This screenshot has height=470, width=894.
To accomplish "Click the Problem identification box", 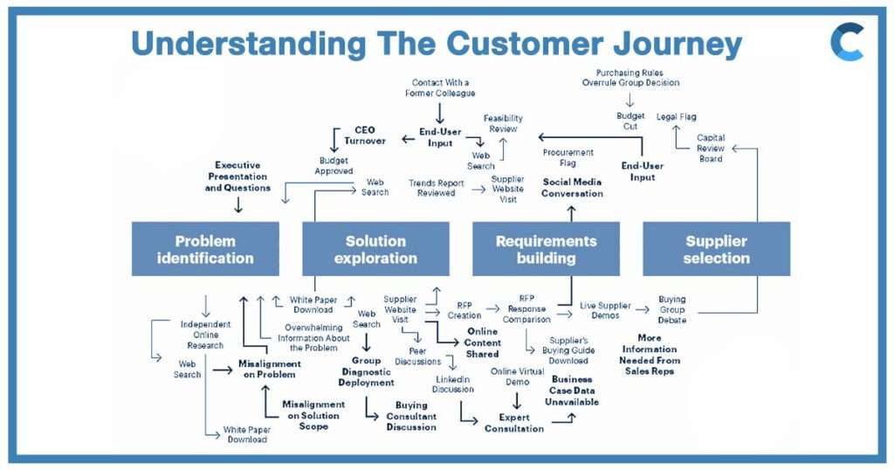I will [x=205, y=249].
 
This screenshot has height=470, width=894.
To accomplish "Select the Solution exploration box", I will [x=375, y=249].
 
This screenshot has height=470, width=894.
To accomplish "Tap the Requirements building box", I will [x=546, y=249].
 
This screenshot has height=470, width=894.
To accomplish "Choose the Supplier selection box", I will [x=717, y=249].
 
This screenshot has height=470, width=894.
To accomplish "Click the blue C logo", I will [x=846, y=42].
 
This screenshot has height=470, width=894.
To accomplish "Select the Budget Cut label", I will [x=630, y=121].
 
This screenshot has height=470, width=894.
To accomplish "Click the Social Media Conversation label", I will [x=572, y=188].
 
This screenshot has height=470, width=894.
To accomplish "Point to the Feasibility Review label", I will [x=503, y=123].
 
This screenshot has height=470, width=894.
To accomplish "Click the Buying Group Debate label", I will [x=672, y=310].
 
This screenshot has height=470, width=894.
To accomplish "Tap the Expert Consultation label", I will [x=514, y=423].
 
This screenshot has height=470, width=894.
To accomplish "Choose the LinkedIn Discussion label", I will [x=454, y=384].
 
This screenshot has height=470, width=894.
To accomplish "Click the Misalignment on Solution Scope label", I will [x=313, y=415].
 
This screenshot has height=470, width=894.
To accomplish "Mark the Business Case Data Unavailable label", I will [x=572, y=391].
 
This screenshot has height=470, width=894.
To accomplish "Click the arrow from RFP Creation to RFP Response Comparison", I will [x=492, y=308].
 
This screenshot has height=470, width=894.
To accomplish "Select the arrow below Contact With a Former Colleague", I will [x=439, y=113].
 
